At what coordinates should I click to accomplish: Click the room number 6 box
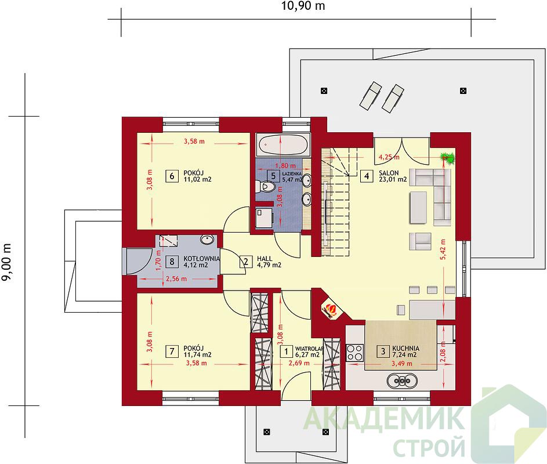click(172, 176)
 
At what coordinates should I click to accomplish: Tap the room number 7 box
click(172, 351)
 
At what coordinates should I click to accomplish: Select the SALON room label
click(389, 173)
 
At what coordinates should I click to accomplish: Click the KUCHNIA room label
click(405, 348)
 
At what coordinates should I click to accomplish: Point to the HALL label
click(265, 259)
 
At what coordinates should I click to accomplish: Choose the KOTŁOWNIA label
click(202, 259)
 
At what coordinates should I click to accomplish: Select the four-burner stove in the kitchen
click(355, 353)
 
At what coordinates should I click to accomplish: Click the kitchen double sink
click(402, 380)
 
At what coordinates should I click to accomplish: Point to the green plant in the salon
click(447, 158)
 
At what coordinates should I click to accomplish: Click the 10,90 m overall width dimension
click(303, 6)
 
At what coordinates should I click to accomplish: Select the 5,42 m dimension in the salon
click(443, 249)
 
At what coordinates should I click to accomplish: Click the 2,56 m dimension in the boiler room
click(176, 279)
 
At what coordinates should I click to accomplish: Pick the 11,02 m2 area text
click(197, 180)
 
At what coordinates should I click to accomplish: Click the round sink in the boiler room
click(207, 240)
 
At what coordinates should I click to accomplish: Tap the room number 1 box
click(287, 351)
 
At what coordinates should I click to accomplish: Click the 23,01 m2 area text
click(393, 180)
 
